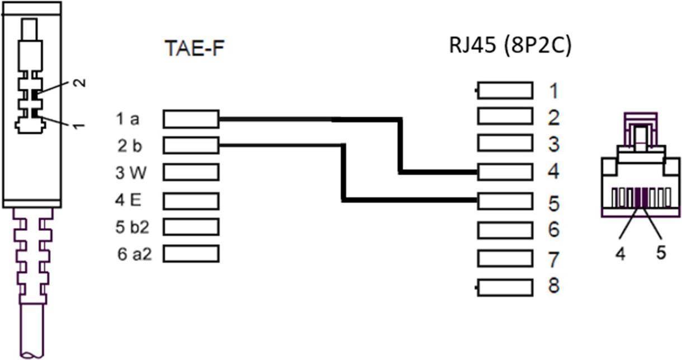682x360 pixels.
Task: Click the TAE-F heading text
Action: [x=195, y=49]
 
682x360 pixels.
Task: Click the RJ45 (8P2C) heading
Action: [x=510, y=46]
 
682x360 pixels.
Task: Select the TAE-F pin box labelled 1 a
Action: [x=191, y=119]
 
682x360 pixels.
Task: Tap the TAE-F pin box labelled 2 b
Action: [x=191, y=146]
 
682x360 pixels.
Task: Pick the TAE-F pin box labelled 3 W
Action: [x=191, y=173]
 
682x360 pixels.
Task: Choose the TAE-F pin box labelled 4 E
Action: [x=191, y=200]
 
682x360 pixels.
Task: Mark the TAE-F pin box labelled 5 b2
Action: [x=191, y=227]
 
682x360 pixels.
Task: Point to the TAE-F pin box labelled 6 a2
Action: [x=191, y=254]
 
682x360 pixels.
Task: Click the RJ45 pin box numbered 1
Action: [x=505, y=90]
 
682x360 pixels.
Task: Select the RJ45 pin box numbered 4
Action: [x=505, y=172]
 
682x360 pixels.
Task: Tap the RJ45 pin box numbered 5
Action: [x=505, y=200]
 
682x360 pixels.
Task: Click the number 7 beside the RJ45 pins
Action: [x=553, y=259]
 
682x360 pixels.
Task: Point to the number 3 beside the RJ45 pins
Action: [x=553, y=144]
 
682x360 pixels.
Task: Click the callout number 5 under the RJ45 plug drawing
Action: [x=661, y=253]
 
